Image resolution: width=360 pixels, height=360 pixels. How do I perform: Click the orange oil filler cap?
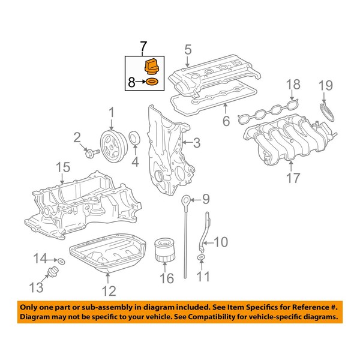[151, 66]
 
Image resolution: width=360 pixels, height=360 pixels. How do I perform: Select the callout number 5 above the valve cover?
[187, 50]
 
